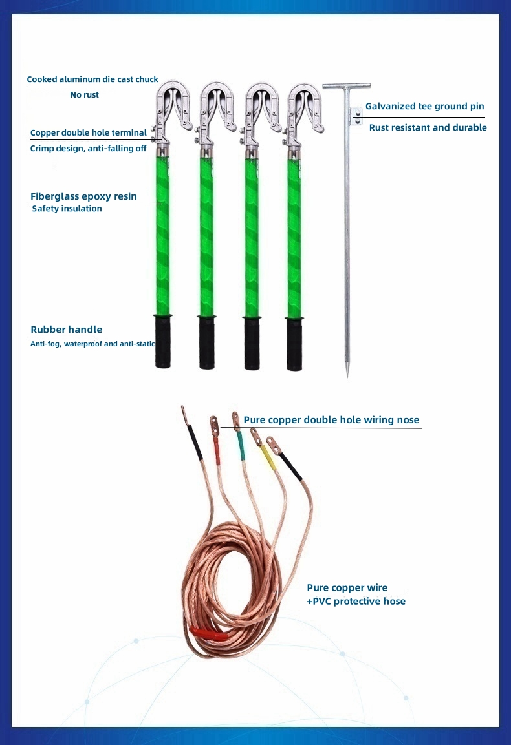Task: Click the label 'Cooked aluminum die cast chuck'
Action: click(92, 79)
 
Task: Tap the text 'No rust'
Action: click(85, 95)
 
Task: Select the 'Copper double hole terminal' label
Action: click(89, 132)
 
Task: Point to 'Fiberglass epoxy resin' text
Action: click(83, 196)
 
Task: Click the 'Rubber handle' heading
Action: click(67, 330)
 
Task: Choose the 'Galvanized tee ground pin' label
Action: click(424, 106)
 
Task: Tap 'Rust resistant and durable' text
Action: click(428, 127)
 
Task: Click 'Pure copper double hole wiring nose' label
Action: click(331, 420)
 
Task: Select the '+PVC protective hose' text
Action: click(356, 601)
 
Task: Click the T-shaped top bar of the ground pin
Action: click(347, 86)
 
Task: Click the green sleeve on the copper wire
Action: click(241, 445)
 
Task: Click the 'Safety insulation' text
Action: click(67, 209)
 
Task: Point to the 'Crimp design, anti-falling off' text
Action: click(88, 148)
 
